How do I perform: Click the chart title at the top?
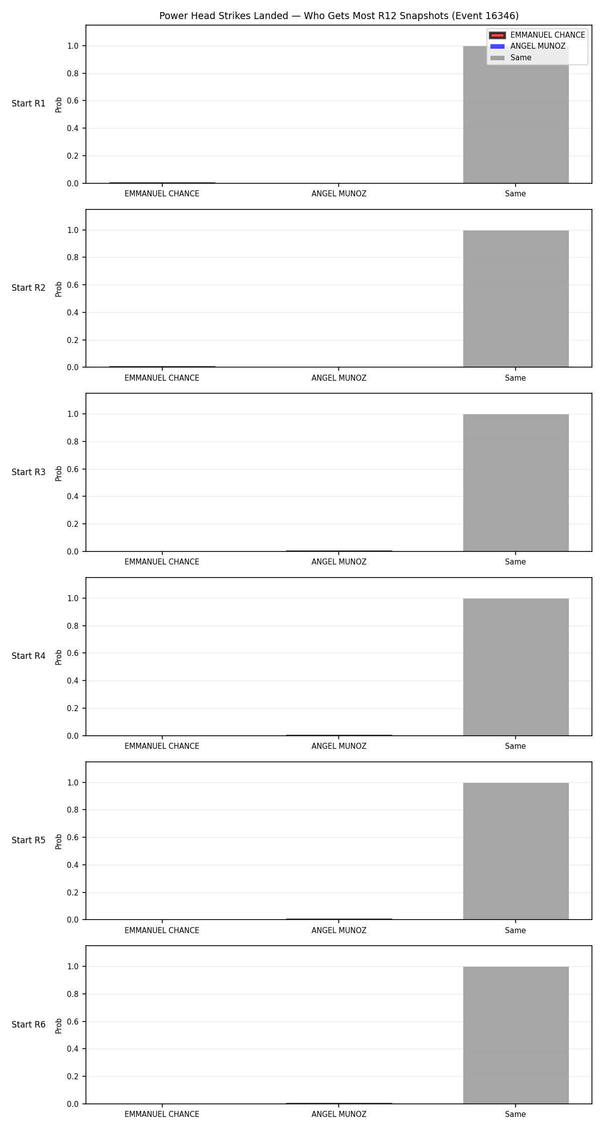coord(339,16)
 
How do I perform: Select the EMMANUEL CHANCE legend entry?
coord(537,35)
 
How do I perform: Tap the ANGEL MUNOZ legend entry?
coord(528,46)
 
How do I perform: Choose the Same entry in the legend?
coord(511,58)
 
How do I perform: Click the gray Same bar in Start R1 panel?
coord(516,115)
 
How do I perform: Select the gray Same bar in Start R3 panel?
coord(516,483)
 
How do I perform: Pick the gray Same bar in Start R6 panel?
coord(516,1035)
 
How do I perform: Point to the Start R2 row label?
coord(29,288)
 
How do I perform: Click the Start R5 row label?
coord(29,840)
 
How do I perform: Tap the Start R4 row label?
coord(29,656)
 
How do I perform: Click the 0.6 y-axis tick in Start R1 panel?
coord(73,101)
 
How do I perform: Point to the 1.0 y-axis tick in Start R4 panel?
coord(73,599)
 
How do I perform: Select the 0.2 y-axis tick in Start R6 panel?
coord(73,1077)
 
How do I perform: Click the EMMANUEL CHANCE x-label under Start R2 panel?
coord(162,378)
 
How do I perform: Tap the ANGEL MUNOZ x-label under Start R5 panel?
coord(339,931)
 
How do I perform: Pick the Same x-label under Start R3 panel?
coord(516,562)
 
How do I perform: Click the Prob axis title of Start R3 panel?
coord(59,473)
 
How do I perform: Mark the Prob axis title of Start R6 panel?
coord(59,1026)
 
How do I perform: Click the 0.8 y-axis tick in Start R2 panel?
coord(73,258)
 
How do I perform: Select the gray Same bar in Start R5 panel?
coord(516,851)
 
